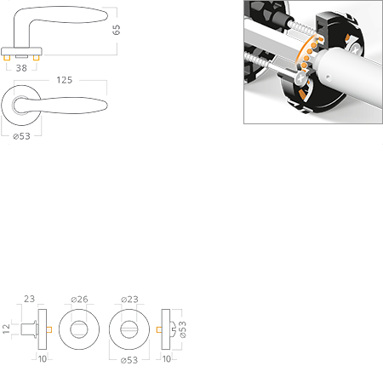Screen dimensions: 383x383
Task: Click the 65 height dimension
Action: [116, 30]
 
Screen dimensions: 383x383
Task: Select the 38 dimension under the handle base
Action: [21, 68]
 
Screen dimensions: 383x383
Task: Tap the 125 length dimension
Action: [65, 80]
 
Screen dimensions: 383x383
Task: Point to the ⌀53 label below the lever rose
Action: [21, 136]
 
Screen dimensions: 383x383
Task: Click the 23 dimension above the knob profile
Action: [29, 299]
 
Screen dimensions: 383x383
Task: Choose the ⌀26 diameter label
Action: [79, 299]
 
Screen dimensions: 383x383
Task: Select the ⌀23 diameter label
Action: [129, 299]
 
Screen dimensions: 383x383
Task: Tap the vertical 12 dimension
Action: [6, 329]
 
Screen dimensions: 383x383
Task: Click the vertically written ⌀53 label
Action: [183, 329]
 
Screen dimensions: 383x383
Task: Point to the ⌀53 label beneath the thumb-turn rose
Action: [129, 360]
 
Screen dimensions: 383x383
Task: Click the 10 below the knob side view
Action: [43, 359]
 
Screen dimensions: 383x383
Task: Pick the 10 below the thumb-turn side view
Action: [167, 359]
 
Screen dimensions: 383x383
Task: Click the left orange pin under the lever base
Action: [7, 58]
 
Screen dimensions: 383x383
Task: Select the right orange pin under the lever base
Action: [36, 58]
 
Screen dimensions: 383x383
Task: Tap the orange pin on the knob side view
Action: [49, 329]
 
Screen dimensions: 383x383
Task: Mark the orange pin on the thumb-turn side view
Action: [159, 329]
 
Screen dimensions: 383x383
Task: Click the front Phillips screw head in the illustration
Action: [301, 77]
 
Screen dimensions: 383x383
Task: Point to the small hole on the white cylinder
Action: [328, 77]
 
